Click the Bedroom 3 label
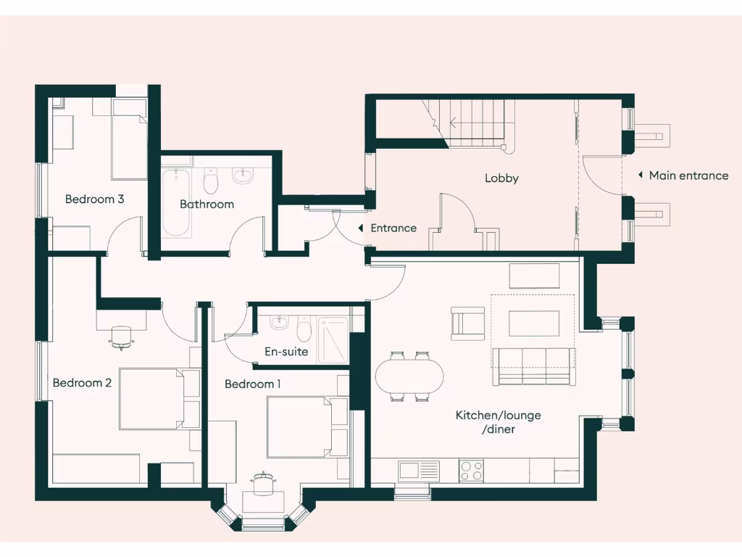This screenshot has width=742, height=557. click(94, 199)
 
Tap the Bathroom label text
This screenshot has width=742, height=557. click(207, 205)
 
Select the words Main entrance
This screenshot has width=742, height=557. click(688, 176)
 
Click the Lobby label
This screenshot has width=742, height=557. click(501, 178)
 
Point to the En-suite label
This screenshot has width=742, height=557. click(285, 352)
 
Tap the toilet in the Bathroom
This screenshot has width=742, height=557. click(211, 181)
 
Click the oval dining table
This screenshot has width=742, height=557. click(409, 377)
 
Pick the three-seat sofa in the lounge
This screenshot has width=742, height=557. click(534, 366)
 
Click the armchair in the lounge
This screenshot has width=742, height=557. click(467, 323)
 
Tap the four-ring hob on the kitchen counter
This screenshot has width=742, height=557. click(472, 470)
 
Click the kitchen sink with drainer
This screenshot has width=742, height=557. click(418, 470)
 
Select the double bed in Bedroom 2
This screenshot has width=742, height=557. click(158, 399)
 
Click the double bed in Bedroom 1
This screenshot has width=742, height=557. click(307, 426)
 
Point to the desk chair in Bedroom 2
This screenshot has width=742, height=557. click(121, 336)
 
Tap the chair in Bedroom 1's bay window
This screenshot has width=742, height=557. click(262, 484)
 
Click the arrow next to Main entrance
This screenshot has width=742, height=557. click(640, 176)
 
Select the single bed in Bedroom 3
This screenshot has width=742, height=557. click(130, 141)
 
